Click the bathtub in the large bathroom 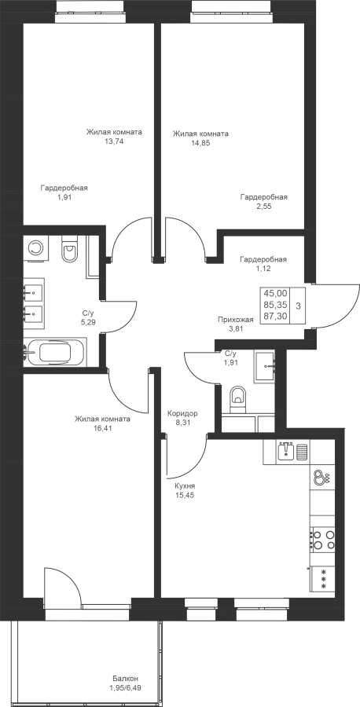coord(56,351)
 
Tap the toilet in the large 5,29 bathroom coord(69,251)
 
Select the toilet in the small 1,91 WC coord(237,398)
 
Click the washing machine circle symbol coord(35,247)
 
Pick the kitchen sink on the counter coord(286,451)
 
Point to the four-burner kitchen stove coord(323,539)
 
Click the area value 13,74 coord(114,141)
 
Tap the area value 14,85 coord(200,143)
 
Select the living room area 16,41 coord(102,428)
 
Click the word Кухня coord(185,486)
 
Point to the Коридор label coord(182,413)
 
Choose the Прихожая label coord(236,320)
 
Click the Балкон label coord(126,679)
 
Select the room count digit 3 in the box coord(298,306)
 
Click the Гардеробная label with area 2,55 coord(264,197)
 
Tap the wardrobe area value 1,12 coord(263,269)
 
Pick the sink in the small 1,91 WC coord(265,365)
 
